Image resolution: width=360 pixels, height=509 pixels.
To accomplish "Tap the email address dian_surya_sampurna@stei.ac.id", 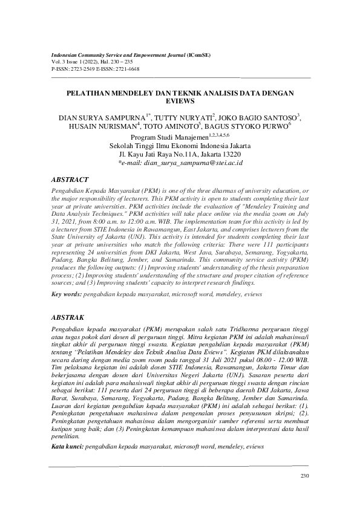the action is (x=182, y=163).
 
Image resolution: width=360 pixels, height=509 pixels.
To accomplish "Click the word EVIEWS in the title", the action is (x=180, y=102).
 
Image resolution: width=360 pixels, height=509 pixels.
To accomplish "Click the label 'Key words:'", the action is (x=66, y=294).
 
